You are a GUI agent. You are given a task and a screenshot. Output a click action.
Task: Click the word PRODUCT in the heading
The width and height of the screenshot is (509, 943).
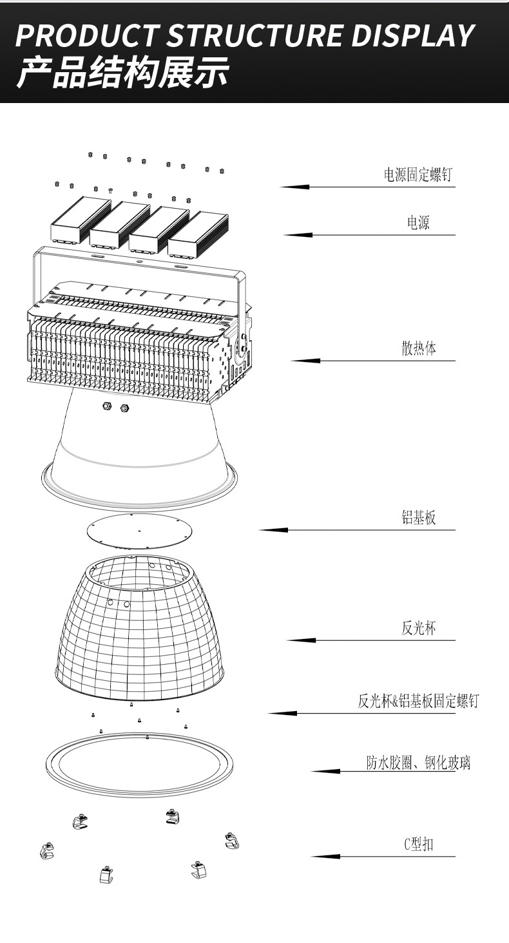click(x=87, y=37)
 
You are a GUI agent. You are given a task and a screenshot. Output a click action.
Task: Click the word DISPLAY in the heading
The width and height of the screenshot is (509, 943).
click(x=412, y=37)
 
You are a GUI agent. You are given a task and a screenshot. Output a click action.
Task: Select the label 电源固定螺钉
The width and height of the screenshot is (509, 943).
click(x=418, y=175)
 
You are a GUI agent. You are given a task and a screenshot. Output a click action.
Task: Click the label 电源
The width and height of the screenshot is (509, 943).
click(x=418, y=223)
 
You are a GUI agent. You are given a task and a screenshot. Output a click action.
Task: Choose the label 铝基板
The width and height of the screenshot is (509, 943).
click(x=419, y=518)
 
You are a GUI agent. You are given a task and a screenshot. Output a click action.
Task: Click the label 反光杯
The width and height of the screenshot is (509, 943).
click(x=419, y=628)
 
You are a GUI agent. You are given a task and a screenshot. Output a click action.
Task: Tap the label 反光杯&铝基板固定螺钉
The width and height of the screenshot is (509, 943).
click(x=418, y=701)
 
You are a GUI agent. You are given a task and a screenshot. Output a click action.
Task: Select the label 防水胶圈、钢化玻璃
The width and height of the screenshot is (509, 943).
click(x=418, y=763)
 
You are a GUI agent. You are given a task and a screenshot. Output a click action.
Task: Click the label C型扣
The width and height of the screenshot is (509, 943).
click(x=418, y=844)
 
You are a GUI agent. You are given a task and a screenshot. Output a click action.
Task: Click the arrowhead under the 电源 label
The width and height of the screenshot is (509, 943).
click(x=298, y=235)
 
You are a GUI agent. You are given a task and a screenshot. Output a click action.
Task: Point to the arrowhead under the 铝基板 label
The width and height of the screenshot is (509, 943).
click(x=273, y=530)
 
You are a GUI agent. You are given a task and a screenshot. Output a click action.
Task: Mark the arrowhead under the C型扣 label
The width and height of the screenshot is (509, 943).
click(x=325, y=857)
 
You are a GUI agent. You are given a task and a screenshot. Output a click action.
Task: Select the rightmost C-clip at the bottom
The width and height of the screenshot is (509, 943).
click(x=232, y=841)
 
